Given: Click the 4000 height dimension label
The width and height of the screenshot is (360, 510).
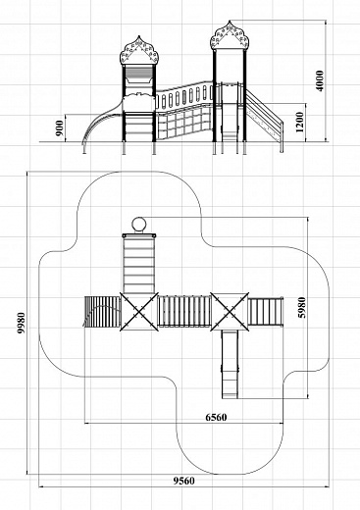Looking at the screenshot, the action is click(x=320, y=80).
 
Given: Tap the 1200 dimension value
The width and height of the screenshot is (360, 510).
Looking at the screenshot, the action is click(x=299, y=123).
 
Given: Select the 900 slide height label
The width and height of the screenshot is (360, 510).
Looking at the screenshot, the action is click(x=59, y=128).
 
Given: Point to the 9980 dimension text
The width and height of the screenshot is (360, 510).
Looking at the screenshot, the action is click(x=22, y=323).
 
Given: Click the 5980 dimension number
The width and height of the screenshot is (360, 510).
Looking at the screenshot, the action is click(x=302, y=307).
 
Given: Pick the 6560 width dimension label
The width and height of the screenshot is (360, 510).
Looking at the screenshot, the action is click(x=216, y=417).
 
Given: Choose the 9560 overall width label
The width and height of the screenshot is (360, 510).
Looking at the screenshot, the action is click(x=183, y=481).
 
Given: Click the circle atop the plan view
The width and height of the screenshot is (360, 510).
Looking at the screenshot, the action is click(x=139, y=225).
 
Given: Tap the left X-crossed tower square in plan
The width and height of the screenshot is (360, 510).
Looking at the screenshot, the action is click(x=139, y=312).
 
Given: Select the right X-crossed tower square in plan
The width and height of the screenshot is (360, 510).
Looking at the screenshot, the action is click(x=230, y=312).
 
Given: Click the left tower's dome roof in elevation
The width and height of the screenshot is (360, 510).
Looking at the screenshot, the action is click(x=139, y=51).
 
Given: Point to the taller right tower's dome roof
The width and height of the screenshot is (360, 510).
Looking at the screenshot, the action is click(x=230, y=35).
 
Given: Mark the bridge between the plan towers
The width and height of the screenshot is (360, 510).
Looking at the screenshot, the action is click(x=184, y=311).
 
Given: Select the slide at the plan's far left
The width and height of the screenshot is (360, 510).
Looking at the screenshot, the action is click(x=102, y=312).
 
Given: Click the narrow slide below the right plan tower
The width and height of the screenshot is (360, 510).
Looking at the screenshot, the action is click(x=230, y=365).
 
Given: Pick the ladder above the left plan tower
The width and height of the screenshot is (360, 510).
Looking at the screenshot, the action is click(x=139, y=264).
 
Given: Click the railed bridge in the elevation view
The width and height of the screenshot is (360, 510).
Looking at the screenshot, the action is click(x=184, y=111).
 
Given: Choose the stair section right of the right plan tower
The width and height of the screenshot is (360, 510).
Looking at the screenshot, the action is click(x=266, y=312).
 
